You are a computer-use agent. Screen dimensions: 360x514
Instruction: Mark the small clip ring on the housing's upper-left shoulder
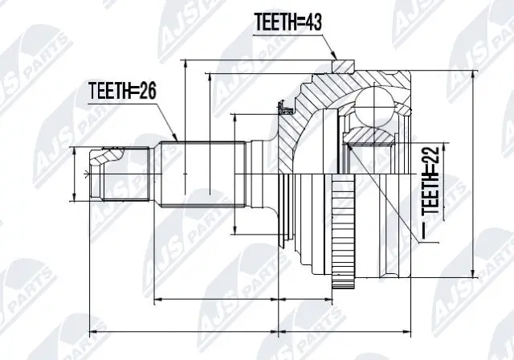point(282,104)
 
